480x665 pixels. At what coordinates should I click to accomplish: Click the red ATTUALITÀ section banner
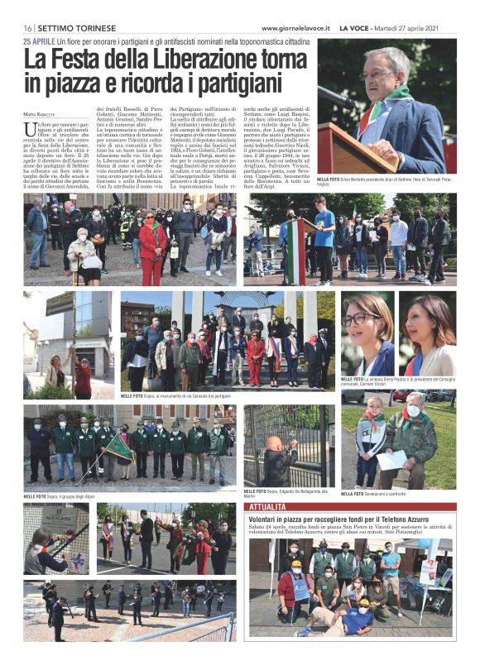pos(268,505)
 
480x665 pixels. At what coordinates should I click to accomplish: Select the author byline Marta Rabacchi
pos(41,113)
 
